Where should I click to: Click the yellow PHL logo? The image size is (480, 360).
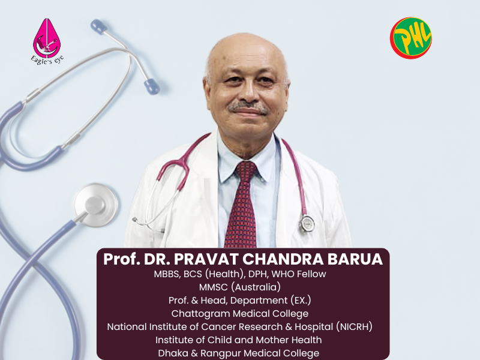click(411, 38)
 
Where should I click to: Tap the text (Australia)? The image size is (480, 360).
click(256, 287)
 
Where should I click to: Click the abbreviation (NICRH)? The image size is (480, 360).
click(354, 326)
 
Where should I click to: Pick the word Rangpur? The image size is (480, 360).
click(221, 353)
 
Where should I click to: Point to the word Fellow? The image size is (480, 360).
click(311, 274)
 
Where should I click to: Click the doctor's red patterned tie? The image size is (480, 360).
click(242, 205)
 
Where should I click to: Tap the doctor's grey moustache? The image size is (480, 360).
click(248, 107)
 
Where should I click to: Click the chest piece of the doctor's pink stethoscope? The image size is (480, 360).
click(307, 223)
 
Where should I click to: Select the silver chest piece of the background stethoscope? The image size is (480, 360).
click(95, 205)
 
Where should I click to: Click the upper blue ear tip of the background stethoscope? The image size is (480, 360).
click(98, 26)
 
